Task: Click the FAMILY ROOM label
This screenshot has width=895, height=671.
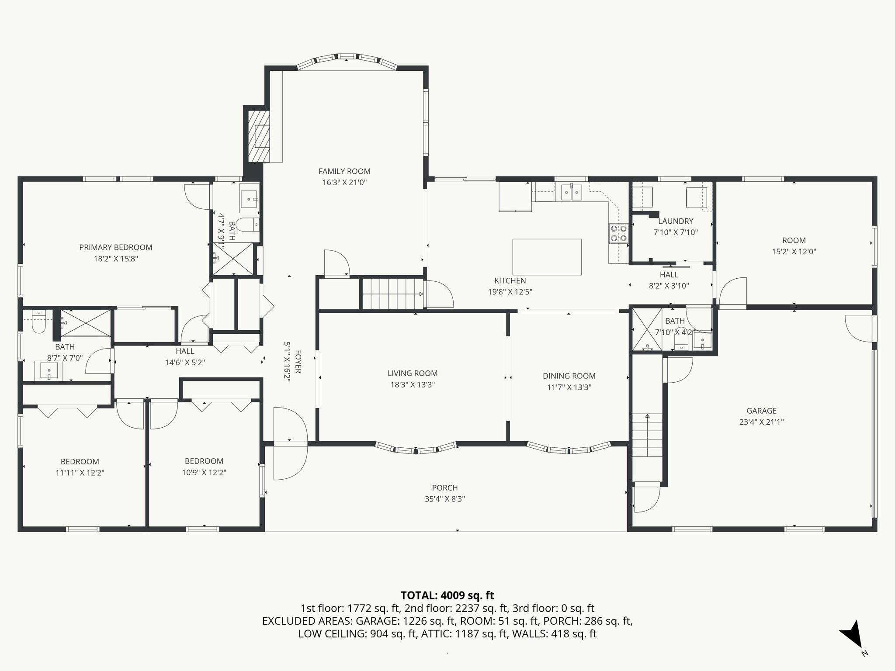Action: (344, 171)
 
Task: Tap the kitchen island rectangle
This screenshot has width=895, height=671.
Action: (547, 257)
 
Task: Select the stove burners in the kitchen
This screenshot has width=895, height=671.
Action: (618, 233)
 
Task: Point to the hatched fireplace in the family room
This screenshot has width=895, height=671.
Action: (259, 136)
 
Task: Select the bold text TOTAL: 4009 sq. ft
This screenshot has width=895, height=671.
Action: (447, 595)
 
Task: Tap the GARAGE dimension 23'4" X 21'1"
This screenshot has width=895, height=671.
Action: (761, 422)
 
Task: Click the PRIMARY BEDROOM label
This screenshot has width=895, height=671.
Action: (116, 247)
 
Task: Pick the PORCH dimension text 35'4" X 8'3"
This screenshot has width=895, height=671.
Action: (445, 499)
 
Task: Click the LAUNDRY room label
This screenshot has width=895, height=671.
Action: (676, 221)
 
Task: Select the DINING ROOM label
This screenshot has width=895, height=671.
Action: (569, 376)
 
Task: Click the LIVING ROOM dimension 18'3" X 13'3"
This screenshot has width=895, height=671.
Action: (413, 384)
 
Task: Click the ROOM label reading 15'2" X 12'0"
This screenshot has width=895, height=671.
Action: (794, 240)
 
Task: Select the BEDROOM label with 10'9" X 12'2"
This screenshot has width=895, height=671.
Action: (204, 461)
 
